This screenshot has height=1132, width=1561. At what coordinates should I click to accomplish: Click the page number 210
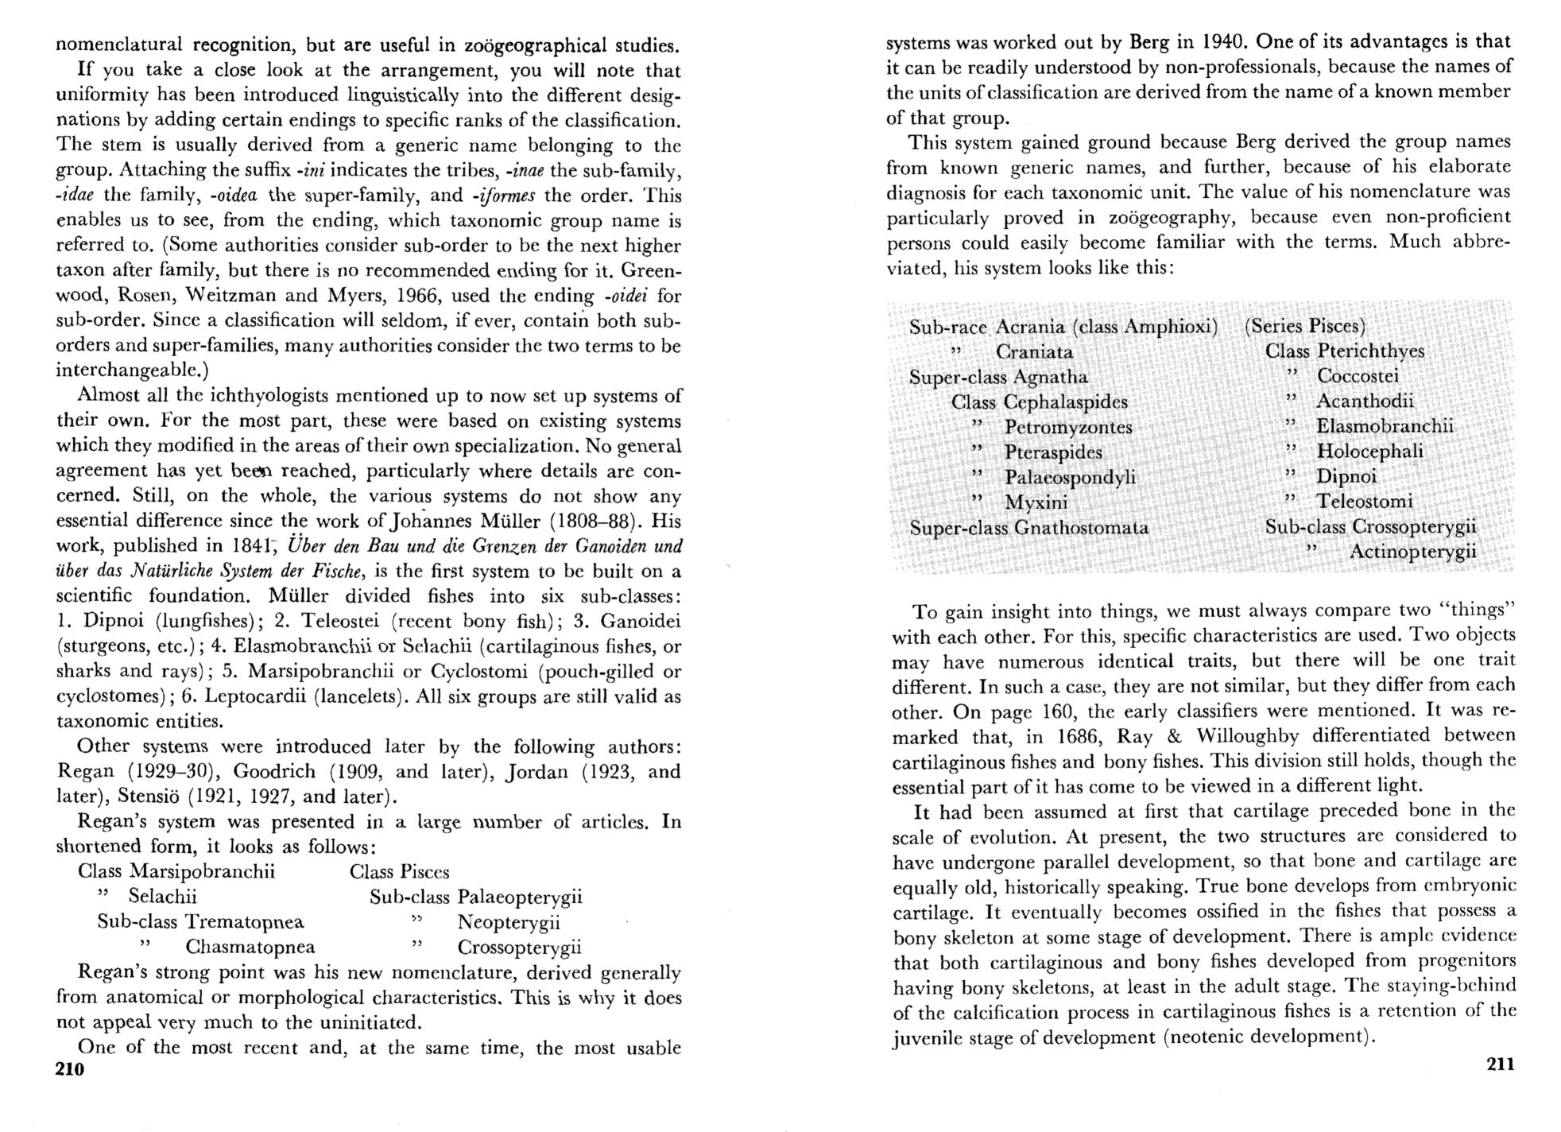pyautogui.click(x=70, y=1069)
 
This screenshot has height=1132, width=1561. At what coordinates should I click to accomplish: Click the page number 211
pyautogui.click(x=1500, y=1064)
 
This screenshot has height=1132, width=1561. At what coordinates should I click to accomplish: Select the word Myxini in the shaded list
pyautogui.click(x=1036, y=502)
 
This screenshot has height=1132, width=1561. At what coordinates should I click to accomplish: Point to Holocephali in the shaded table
pyautogui.click(x=1370, y=452)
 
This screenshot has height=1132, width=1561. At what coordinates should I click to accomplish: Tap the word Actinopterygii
pyautogui.click(x=1413, y=551)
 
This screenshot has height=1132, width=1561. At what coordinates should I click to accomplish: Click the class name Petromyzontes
pyautogui.click(x=1068, y=427)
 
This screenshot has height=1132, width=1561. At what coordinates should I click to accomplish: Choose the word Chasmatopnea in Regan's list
pyautogui.click(x=250, y=947)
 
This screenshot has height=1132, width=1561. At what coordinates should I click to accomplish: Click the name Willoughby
pyautogui.click(x=1248, y=735)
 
